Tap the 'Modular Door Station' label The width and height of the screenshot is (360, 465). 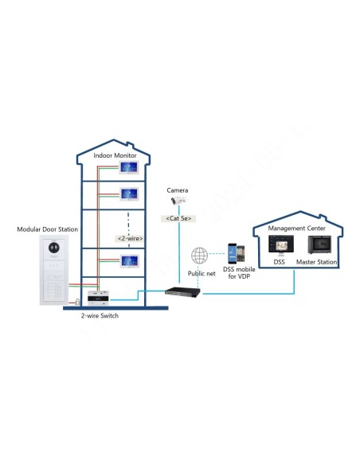pyautogui.click(x=48, y=229)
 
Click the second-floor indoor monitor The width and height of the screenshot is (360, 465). pyautogui.click(x=128, y=193)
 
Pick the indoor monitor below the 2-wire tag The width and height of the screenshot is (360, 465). pyautogui.click(x=128, y=260)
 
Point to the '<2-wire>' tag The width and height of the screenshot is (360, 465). pyautogui.click(x=128, y=237)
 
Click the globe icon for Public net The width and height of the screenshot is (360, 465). pyautogui.click(x=200, y=256)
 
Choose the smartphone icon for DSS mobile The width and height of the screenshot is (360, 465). pyautogui.click(x=233, y=252)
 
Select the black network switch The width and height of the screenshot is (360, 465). pyautogui.click(x=182, y=291)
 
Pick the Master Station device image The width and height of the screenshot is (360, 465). pyautogui.click(x=318, y=244)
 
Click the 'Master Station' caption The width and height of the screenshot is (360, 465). pyautogui.click(x=317, y=262)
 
